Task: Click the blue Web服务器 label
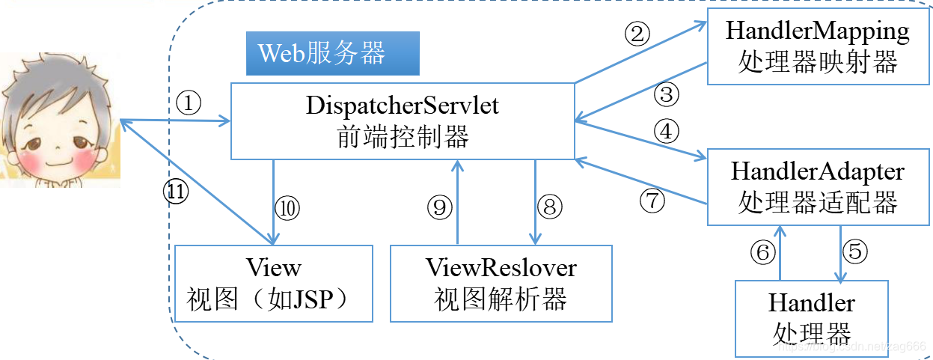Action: coord(332,53)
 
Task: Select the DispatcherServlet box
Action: coord(402,120)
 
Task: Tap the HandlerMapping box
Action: coord(817,46)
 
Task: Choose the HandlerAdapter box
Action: coord(817,187)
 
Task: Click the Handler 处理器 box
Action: coord(811,317)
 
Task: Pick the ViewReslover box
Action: coord(501,284)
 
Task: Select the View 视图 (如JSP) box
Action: coord(273,284)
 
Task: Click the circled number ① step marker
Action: coord(189,103)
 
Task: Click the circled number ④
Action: coord(666,132)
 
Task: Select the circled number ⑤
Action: coord(855,251)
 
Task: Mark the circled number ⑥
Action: coord(762,253)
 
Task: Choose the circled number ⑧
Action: coord(550,207)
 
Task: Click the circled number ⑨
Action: coord(439,207)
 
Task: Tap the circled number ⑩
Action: coord(287,207)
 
